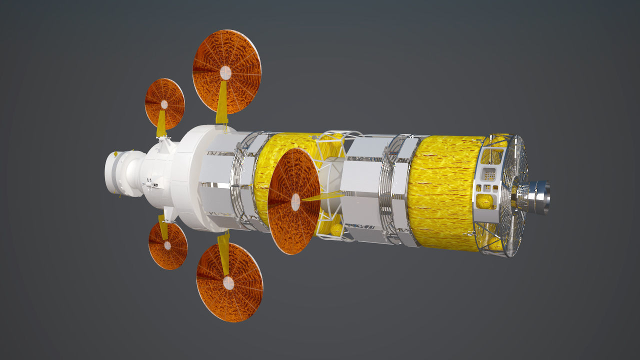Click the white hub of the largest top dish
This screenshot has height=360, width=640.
(x=225, y=72)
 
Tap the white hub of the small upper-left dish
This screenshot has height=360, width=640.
(x=164, y=104)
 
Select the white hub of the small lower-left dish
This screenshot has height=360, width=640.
(x=167, y=245)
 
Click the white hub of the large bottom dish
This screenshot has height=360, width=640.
(x=228, y=283)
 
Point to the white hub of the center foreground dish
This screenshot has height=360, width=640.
(x=295, y=202)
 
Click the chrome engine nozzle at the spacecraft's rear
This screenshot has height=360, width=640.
(x=537, y=197)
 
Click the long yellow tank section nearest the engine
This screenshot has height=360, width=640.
(x=442, y=192)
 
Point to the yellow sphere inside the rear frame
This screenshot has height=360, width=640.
(x=484, y=201)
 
